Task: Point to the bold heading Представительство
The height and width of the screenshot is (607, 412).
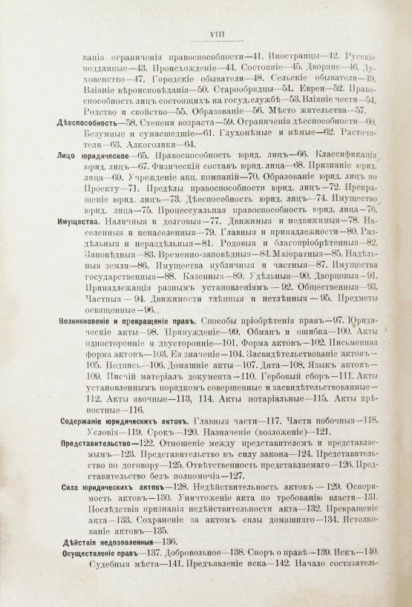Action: (96, 440)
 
